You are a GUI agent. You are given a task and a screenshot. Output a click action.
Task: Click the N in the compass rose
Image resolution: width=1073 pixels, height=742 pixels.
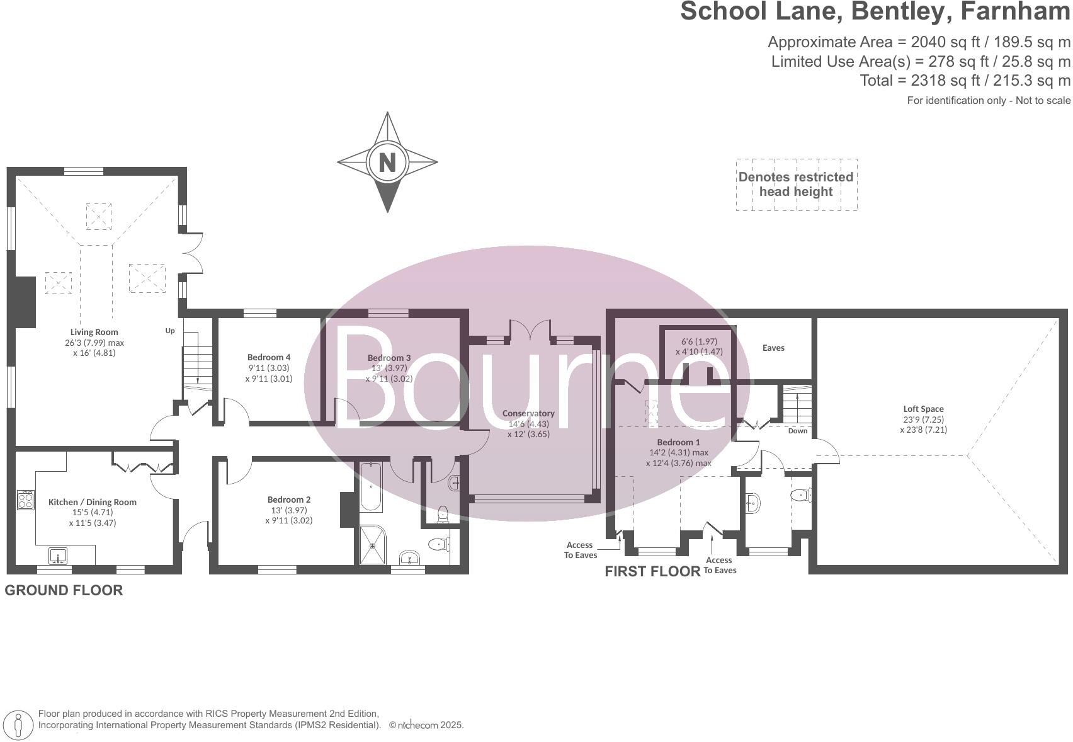coord(387,163)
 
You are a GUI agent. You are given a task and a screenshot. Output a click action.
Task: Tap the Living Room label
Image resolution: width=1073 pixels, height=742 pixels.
coord(94,332)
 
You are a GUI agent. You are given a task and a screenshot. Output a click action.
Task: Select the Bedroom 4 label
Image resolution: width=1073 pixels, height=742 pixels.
coord(269,358)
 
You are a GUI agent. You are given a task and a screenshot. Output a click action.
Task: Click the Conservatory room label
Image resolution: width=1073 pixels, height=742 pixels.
coord(528,414)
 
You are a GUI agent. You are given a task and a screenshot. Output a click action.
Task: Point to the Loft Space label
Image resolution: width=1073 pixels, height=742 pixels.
coord(923,409)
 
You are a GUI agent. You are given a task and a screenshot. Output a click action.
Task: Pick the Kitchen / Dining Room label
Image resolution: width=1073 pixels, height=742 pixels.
coord(93,503)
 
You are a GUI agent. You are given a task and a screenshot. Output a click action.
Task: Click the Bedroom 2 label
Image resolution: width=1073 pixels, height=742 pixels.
coord(288,500)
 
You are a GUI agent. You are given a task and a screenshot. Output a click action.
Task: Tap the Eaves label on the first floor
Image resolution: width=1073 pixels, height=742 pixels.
coord(773,348)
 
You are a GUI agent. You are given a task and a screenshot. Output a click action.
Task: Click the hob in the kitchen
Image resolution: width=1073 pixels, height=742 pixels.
coord(26,499)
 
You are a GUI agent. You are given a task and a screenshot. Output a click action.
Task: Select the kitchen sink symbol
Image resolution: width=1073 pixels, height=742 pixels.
coord(59,556)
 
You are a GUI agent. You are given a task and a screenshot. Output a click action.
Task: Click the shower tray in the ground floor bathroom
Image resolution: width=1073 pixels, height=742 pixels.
coord(375,545)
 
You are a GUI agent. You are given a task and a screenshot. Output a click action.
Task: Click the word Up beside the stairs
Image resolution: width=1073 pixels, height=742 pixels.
coord(170,331)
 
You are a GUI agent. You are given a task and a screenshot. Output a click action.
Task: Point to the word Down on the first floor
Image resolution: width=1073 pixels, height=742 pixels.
coord(797,431)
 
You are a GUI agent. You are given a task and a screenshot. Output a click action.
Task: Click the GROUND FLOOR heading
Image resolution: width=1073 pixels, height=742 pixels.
coord(64,590)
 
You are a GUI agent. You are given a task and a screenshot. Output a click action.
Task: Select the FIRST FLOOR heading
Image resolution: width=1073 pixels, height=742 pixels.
coord(652,571)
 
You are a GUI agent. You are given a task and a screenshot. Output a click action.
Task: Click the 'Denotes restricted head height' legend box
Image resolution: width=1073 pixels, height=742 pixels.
coord(796,185)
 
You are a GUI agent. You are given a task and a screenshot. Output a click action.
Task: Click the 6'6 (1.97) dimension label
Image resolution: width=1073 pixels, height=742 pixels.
coord(699,341)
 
